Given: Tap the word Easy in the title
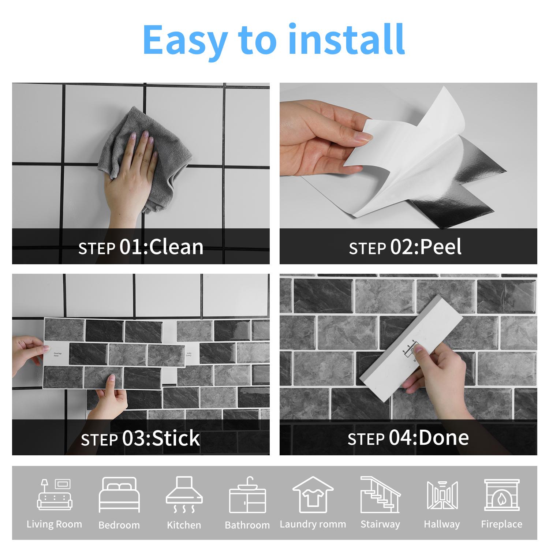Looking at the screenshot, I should coord(185,40).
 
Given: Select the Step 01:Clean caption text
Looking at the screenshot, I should coord(141,247).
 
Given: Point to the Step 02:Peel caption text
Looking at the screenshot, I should coord(405,247).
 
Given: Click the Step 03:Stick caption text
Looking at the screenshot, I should coord(140,438).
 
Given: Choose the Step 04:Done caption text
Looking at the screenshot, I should coord(408,438).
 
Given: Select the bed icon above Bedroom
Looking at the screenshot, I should coord(119,495).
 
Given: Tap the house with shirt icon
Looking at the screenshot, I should coord(313,495).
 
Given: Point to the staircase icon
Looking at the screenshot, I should coord(380,495).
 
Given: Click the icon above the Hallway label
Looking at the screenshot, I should coord(442,495).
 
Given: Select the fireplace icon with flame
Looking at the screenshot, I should coord(502,495).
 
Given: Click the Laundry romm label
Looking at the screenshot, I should coord(313,524).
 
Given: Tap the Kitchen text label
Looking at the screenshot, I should coord(184,525).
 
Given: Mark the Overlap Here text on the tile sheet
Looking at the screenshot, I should coord(58,355).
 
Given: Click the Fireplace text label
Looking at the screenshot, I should coord(502,524).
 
